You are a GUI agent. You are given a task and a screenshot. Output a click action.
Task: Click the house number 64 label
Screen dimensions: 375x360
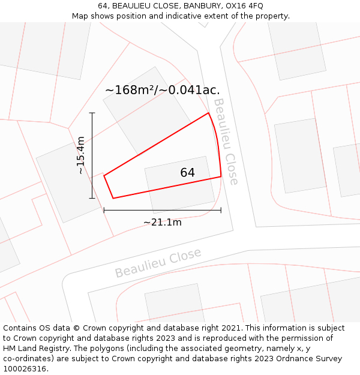187,173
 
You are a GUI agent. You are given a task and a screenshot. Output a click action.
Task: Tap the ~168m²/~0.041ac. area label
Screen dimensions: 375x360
162,90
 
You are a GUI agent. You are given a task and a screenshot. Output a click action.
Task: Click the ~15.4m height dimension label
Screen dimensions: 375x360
81,155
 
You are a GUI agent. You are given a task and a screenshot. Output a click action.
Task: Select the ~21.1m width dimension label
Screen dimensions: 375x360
162,223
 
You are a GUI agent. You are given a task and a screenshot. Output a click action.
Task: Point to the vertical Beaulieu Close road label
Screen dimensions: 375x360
226,142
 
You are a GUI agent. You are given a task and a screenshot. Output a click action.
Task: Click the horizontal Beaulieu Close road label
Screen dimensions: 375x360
158,263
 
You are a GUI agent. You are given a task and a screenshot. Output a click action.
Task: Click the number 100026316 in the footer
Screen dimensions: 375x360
26,369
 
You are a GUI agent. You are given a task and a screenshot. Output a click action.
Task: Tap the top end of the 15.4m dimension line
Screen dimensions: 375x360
92,113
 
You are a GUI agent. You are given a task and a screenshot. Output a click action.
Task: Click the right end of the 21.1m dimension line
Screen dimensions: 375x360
221,210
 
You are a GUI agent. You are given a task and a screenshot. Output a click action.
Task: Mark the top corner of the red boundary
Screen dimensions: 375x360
208,113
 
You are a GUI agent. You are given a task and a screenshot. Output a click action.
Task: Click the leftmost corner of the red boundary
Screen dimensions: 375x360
104,175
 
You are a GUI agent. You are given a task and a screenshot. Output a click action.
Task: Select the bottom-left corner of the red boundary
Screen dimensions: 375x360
113,198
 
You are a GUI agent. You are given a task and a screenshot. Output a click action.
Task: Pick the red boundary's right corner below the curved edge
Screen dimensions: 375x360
221,176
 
